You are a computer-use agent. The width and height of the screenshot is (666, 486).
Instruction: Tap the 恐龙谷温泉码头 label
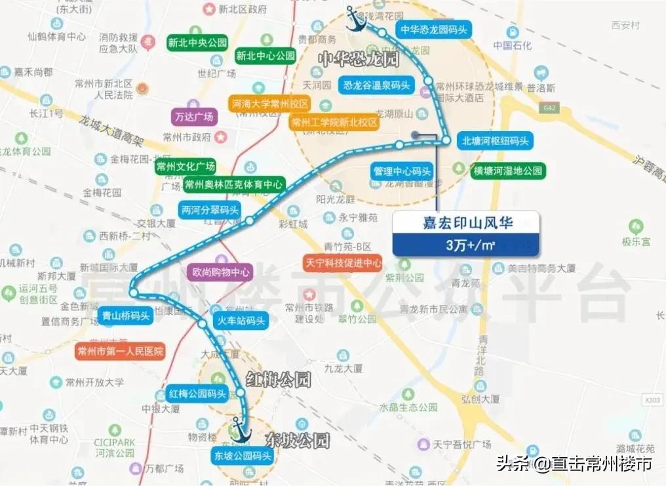pos(376,85)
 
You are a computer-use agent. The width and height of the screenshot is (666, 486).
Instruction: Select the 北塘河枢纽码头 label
pos(495,140)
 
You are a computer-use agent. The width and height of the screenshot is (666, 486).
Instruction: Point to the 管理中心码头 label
pos(402,172)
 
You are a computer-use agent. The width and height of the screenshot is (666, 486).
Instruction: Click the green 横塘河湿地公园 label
pos(509,171)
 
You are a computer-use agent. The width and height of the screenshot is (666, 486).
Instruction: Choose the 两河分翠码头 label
pos(209,211)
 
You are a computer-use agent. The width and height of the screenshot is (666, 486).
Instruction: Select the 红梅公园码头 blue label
pos(197,394)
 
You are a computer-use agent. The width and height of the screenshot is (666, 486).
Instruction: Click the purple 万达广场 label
pos(194,117)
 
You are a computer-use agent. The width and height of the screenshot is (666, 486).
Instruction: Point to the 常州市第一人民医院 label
pos(119,351)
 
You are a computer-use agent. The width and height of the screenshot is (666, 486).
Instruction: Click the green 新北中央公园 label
pos(197,43)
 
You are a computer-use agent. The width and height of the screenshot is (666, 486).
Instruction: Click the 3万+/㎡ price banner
pos(465,246)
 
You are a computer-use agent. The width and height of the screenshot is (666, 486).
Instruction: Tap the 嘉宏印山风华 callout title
pos(465,223)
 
